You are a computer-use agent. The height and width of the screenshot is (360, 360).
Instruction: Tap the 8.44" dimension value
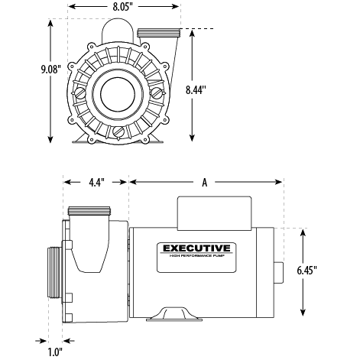coord(196,89)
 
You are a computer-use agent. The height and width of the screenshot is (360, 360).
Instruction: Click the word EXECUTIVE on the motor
coord(195,248)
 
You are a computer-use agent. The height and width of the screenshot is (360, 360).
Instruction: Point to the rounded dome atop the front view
coord(116,31)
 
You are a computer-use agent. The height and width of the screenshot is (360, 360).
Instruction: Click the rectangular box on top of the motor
coord(215,211)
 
